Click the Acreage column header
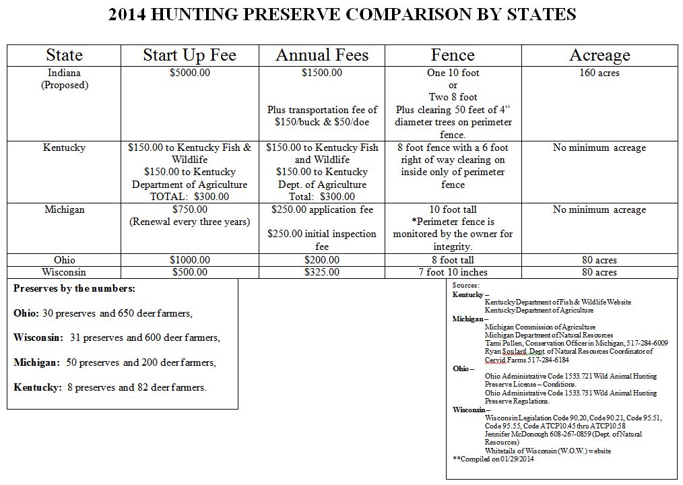click(599, 55)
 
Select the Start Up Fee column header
click(189, 55)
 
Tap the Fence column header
click(453, 55)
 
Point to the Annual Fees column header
click(322, 55)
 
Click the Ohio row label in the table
click(65, 260)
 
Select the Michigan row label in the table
click(65, 209)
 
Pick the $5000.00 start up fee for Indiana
click(189, 73)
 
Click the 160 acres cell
click(599, 73)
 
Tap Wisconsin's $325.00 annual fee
click(322, 272)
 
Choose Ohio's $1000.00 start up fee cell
click(189, 260)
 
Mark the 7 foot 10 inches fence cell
click(453, 272)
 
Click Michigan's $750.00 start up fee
click(189, 209)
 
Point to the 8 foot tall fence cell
click(453, 260)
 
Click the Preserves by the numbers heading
click(74, 288)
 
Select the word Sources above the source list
click(466, 285)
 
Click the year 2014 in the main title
click(132, 15)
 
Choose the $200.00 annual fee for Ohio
click(322, 260)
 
